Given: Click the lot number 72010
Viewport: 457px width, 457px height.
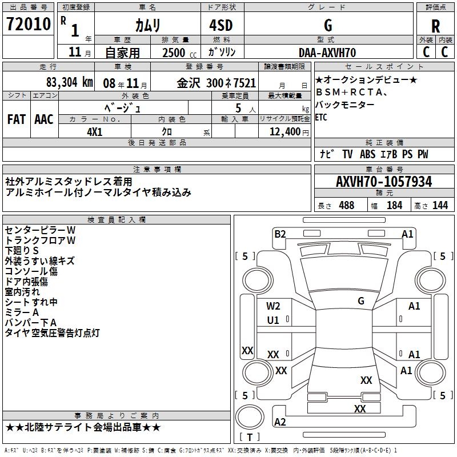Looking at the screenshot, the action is coord(28,25).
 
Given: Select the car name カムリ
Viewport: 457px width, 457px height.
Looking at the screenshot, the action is coord(147,25).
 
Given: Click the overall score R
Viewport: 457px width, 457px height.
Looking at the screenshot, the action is coord(435,26).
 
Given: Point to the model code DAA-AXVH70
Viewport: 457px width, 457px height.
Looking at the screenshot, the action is coord(327,53).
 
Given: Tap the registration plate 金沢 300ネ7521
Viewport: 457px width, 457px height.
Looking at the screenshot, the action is coord(217,82).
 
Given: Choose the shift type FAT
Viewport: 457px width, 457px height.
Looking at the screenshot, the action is coord(16,119).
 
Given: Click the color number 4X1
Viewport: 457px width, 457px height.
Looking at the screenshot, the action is coord(94,131).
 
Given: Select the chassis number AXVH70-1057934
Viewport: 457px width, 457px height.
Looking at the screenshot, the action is coord(384,182).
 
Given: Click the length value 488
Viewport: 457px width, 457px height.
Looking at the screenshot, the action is coord(346,205).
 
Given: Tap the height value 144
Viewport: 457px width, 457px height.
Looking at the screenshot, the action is coord(440,205).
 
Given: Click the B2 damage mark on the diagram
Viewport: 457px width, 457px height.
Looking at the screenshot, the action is coord(279,234).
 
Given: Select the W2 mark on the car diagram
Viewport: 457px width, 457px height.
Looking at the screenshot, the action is coord(273,306).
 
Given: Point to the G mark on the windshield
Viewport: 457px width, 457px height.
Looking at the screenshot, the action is coord(361,300).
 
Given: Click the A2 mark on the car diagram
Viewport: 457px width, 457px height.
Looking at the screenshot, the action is coord(280,422).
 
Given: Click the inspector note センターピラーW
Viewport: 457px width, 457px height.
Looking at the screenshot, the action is coord(40,230).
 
